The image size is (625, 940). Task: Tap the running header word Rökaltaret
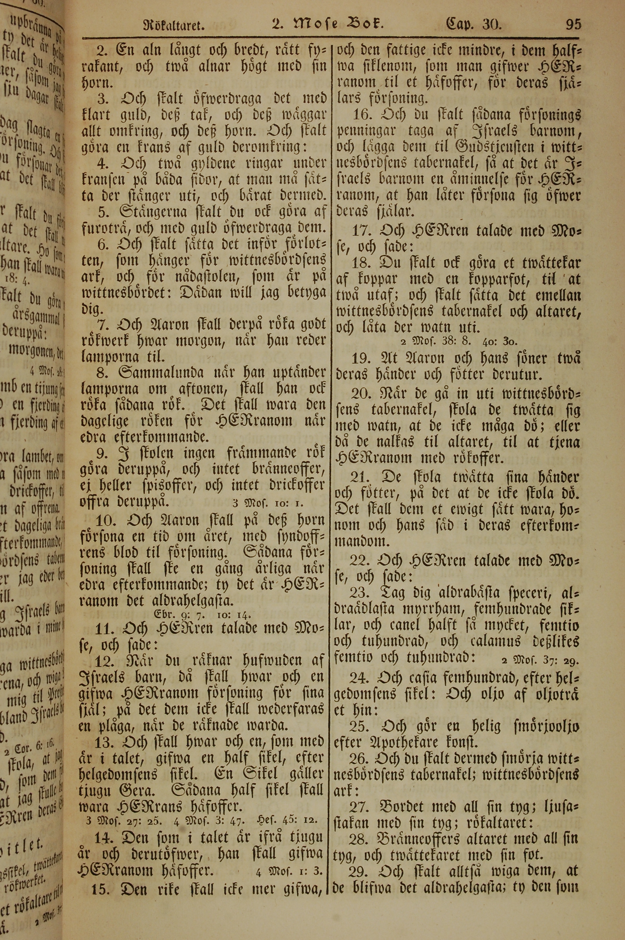click(174, 27)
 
